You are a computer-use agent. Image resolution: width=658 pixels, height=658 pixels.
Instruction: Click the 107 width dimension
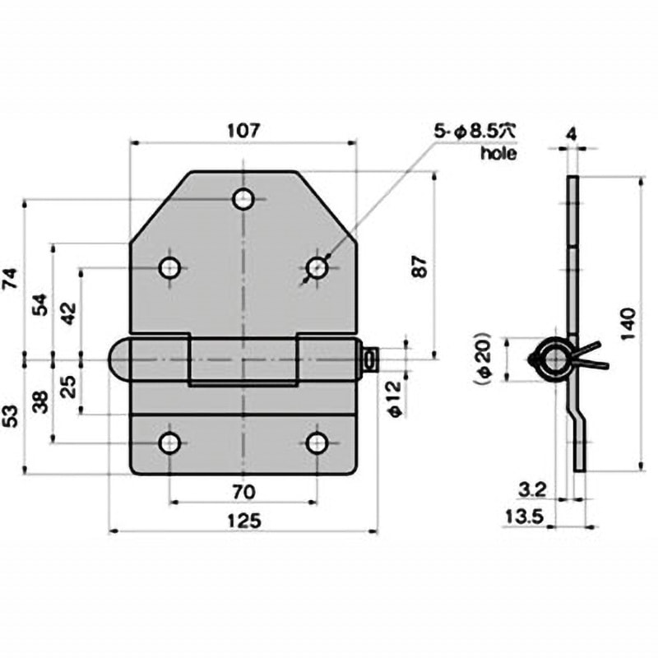243,130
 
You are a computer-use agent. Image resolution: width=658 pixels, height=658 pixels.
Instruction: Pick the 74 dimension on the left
11,280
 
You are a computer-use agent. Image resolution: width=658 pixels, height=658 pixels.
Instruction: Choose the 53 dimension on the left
11,415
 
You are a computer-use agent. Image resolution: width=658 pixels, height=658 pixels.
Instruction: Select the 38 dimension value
39,401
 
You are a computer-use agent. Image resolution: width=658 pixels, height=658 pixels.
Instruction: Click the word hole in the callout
498,153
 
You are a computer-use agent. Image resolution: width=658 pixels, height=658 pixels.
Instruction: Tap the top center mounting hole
243,199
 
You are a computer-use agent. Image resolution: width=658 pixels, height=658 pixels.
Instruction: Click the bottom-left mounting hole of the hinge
169,443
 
